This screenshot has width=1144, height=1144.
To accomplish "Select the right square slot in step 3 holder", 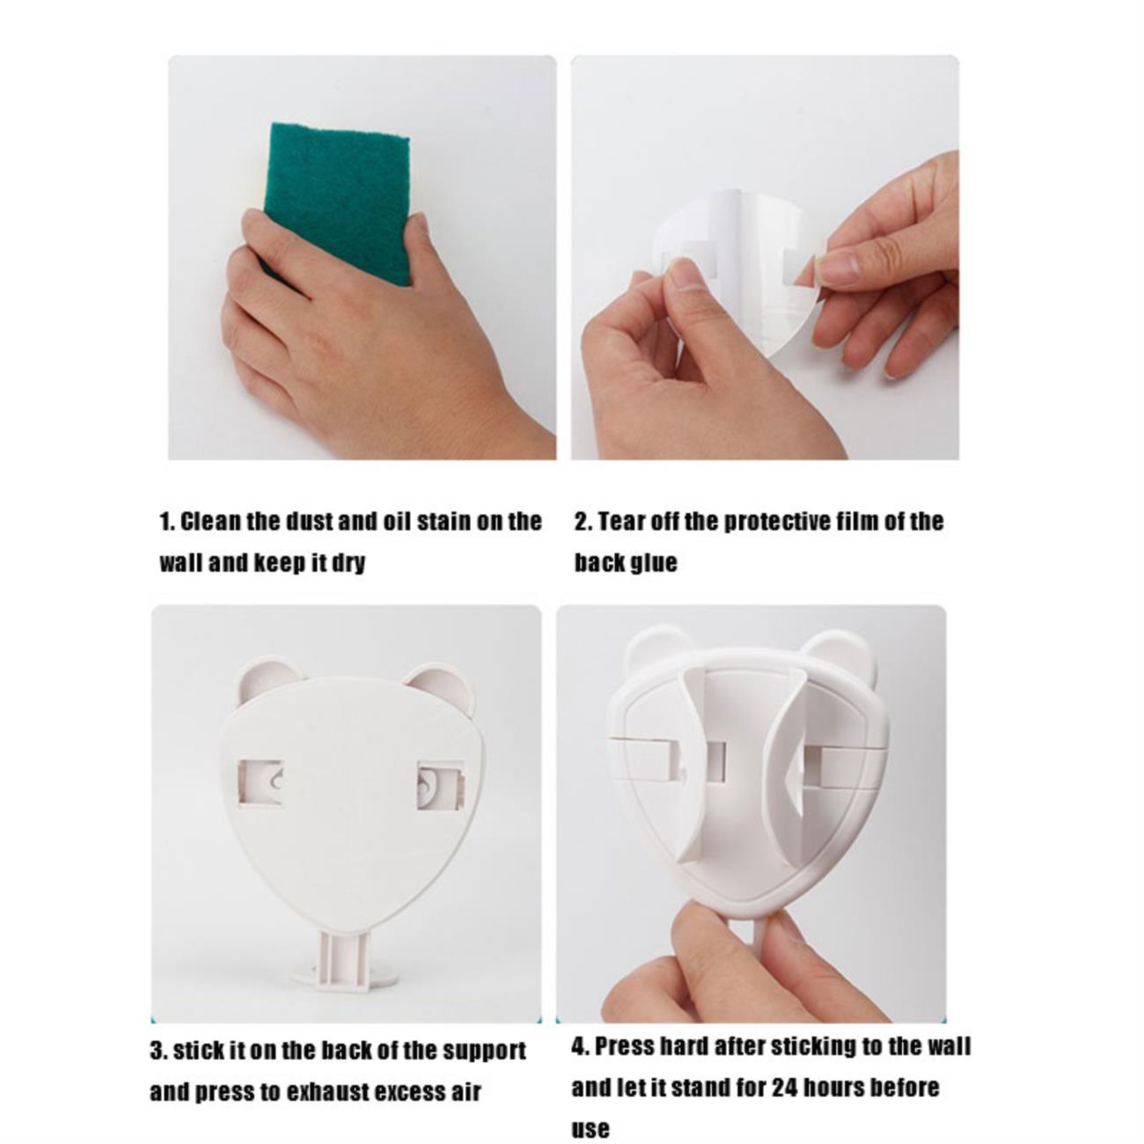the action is pos(440,785).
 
